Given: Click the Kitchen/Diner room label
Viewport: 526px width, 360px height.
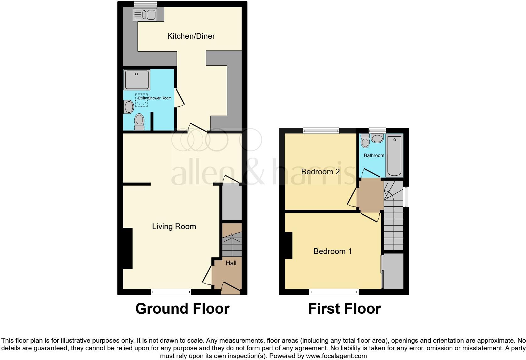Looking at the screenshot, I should (x=191, y=36).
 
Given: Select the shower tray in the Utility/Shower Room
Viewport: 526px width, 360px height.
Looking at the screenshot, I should (x=137, y=80).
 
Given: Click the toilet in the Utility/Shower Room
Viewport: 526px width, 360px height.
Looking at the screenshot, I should (x=139, y=121).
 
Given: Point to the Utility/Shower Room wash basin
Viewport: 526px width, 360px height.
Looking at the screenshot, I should (x=129, y=107).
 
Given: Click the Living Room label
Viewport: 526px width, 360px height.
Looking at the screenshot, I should (x=174, y=227).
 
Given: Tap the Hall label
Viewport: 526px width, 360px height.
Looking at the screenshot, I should (x=231, y=263).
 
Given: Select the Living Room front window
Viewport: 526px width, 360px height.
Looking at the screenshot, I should (x=171, y=292).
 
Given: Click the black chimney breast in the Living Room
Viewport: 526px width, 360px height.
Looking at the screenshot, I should (x=127, y=248).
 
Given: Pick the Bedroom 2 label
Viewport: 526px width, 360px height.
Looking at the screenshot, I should (x=320, y=172).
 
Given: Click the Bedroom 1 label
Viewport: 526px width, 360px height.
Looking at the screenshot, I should (x=333, y=251).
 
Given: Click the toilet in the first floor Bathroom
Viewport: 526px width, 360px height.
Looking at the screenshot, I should (x=365, y=141).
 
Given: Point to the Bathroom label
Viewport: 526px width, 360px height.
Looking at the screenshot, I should (x=374, y=155).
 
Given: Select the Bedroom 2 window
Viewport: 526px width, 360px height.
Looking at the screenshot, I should (x=321, y=131).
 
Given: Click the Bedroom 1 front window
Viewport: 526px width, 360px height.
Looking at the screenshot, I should (x=334, y=292).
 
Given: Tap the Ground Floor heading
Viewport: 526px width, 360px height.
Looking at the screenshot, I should (x=182, y=309).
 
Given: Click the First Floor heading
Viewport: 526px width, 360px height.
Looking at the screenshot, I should (x=344, y=309).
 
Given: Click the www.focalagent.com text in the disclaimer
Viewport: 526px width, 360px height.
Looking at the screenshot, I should (x=336, y=356).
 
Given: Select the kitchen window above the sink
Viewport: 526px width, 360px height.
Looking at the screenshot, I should (x=145, y=4).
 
